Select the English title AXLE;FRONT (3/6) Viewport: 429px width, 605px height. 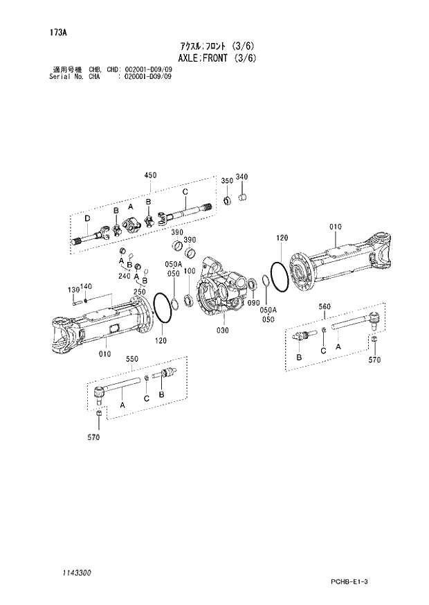[x=214, y=58]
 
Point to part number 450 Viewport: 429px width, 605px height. [x=152, y=175]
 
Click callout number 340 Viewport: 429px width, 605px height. [x=241, y=177]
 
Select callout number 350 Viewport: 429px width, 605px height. [x=226, y=181]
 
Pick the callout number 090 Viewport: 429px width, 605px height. [x=253, y=303]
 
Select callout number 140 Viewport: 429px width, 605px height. [x=86, y=286]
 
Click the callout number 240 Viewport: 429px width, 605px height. [x=124, y=276]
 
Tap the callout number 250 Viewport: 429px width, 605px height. [x=139, y=292]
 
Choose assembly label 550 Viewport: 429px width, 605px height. [x=131, y=359]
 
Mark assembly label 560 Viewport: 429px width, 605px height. [x=325, y=306]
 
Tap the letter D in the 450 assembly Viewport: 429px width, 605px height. [x=86, y=219]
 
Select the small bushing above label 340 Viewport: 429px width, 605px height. [x=243, y=198]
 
